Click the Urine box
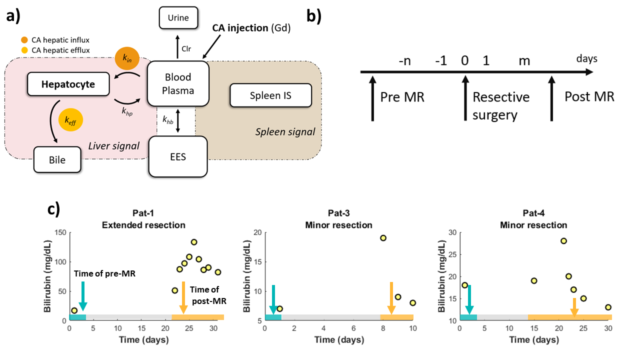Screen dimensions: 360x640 pos(178,18)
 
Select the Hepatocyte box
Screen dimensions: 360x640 pos(68,84)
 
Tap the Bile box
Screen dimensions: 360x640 pos(57,160)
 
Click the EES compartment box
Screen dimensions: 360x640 pos(178,157)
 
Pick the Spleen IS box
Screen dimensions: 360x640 pos(270,95)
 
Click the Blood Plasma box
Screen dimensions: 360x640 pos(178,83)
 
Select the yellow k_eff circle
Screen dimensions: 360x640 pos(70,120)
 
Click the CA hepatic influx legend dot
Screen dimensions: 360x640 pos(24,40)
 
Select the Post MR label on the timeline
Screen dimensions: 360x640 pos(589,96)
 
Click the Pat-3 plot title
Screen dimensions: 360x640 pos(339,213)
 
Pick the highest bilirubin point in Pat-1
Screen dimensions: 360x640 pos(194,242)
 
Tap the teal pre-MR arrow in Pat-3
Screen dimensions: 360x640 pos(273,300)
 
